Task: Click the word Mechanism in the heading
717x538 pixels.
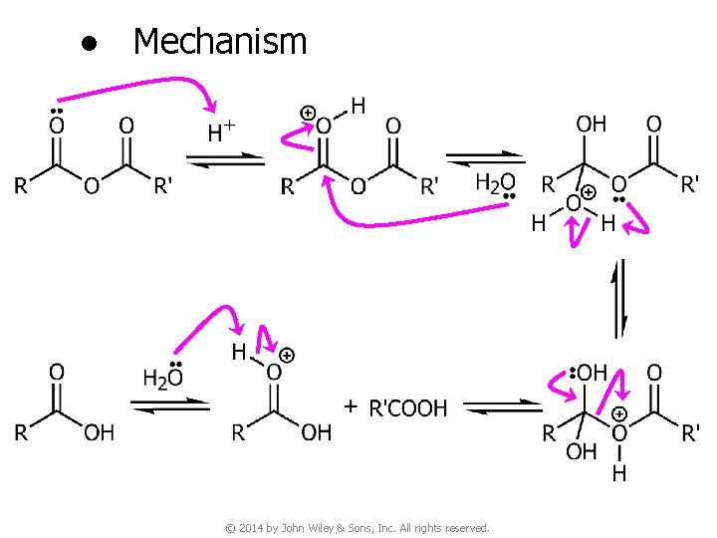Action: click(x=219, y=42)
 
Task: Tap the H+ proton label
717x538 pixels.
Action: click(x=221, y=131)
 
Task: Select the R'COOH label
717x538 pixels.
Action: click(x=408, y=407)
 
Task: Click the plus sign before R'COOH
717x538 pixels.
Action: click(x=351, y=406)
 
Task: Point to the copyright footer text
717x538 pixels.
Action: click(x=358, y=527)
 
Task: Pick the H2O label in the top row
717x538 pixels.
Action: click(x=496, y=183)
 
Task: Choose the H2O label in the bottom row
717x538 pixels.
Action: click(x=163, y=378)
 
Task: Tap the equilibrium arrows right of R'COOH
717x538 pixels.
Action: click(x=503, y=408)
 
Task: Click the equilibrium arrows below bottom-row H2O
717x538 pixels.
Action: click(x=170, y=406)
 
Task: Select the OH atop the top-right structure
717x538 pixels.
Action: click(x=591, y=125)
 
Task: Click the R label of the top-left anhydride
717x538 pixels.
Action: click(x=21, y=186)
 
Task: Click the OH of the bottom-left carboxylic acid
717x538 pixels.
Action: click(x=99, y=432)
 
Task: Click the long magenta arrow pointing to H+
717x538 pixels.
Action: click(x=139, y=87)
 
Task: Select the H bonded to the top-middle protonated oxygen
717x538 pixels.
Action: click(x=358, y=105)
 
